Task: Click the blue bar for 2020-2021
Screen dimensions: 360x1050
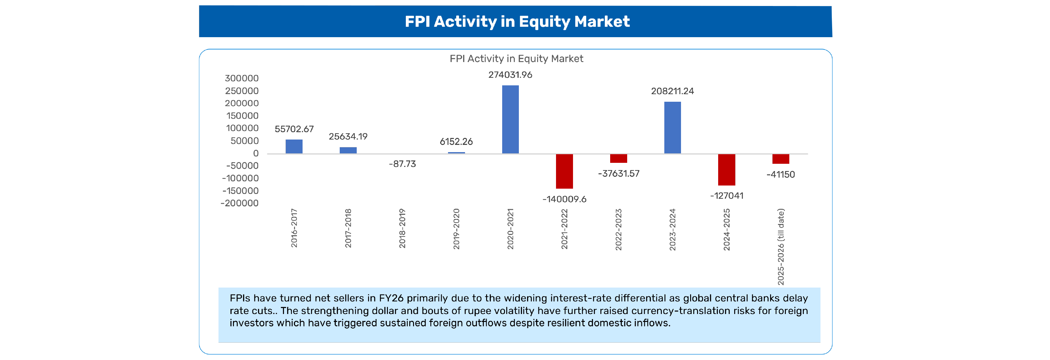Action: (x=510, y=119)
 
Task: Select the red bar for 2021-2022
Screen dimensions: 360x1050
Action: (x=564, y=171)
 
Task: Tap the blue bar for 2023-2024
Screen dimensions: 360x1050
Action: (x=672, y=127)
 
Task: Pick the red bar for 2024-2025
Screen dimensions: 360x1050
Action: (x=726, y=169)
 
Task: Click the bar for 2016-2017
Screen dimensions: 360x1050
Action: (x=294, y=146)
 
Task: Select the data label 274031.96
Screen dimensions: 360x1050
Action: (x=510, y=75)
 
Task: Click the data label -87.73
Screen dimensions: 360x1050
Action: (x=402, y=164)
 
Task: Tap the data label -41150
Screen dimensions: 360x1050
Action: (x=780, y=174)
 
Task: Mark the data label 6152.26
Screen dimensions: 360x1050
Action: (x=456, y=142)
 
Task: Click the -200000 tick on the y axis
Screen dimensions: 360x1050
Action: (x=239, y=203)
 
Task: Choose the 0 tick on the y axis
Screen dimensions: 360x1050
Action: (x=256, y=153)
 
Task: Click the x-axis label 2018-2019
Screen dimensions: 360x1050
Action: (x=402, y=228)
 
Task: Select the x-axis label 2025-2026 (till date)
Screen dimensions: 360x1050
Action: (x=780, y=247)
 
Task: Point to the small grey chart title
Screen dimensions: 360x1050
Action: (x=516, y=59)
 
